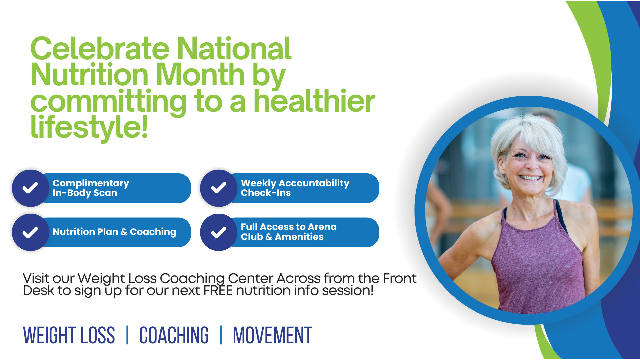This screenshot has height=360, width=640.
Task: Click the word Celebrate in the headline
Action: click(100, 49)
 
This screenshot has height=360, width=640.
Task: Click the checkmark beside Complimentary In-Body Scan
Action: click(30, 188)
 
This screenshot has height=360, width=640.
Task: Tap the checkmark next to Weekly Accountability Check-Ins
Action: click(219, 188)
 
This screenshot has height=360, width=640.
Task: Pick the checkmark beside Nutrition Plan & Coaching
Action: click(30, 232)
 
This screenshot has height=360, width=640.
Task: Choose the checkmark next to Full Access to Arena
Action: click(219, 232)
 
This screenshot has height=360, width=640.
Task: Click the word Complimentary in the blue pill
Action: click(91, 183)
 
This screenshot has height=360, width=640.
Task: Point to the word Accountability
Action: click(314, 183)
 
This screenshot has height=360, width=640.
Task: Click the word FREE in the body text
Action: click(218, 291)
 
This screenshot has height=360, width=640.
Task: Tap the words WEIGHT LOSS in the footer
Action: click(69, 335)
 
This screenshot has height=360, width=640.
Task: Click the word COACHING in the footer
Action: click(174, 335)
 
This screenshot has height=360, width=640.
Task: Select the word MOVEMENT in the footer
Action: click(273, 335)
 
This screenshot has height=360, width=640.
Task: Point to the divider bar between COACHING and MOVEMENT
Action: click(221, 335)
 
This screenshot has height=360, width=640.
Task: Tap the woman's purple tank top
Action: click(537, 260)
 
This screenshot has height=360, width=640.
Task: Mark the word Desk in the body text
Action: click(38, 291)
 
